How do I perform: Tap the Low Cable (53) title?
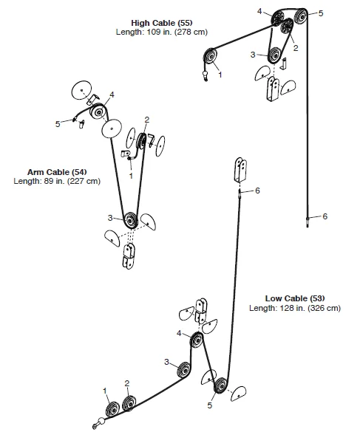pos(294,298)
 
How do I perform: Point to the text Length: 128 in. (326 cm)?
pos(294,307)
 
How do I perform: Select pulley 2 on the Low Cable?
pos(129,402)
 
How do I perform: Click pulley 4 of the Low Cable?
pos(197,341)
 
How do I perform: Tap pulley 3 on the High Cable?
pos(274,54)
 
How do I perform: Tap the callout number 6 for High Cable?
pos(325,216)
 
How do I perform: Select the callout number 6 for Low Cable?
pos(257,191)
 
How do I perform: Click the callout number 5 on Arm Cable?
pos(58,124)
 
